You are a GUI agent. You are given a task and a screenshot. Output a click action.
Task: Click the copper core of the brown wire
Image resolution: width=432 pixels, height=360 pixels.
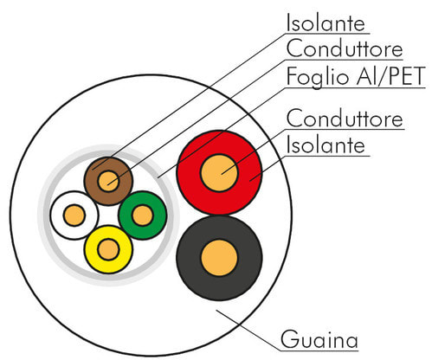point(108,181)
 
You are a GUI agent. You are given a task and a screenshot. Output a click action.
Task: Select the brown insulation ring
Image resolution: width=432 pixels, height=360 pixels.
point(108,164)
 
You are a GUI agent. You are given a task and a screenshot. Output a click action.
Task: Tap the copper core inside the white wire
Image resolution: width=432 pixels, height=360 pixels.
point(74,215)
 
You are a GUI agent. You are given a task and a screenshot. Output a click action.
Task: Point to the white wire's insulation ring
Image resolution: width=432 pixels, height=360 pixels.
point(58,215)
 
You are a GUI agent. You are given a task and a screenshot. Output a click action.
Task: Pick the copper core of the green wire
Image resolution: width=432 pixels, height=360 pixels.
point(142,215)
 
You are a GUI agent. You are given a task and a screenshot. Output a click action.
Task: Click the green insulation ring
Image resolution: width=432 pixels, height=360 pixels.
point(159,215)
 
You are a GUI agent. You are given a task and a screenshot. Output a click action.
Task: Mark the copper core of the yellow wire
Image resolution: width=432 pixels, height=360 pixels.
point(108,249)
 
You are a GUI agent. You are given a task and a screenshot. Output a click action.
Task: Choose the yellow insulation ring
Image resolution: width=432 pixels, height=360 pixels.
point(108,266)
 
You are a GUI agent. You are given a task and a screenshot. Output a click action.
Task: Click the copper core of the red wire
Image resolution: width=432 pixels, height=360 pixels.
point(219,173)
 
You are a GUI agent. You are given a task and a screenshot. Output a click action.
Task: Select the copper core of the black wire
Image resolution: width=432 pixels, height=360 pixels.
point(219,258)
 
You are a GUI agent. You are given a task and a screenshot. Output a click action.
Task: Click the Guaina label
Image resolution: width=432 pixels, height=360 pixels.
point(319,339)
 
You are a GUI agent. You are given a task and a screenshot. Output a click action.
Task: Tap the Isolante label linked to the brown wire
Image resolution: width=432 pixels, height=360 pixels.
point(326,22)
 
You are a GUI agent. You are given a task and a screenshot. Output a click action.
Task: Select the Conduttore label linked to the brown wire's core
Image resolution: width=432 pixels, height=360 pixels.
point(345,48)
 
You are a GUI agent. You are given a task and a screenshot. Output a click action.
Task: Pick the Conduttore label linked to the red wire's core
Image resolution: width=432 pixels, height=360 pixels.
point(345,119)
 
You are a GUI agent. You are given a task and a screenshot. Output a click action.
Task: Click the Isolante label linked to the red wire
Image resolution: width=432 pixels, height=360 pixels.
point(326,145)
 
